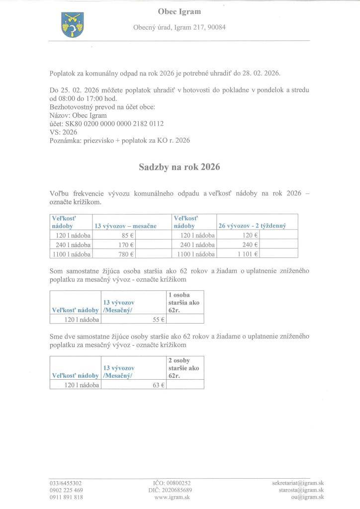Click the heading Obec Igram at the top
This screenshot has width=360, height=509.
point(180,11)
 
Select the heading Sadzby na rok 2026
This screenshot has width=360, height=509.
point(180,168)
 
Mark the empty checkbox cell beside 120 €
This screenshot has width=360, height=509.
point(278,235)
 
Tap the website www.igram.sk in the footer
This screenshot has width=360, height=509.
point(172,497)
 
